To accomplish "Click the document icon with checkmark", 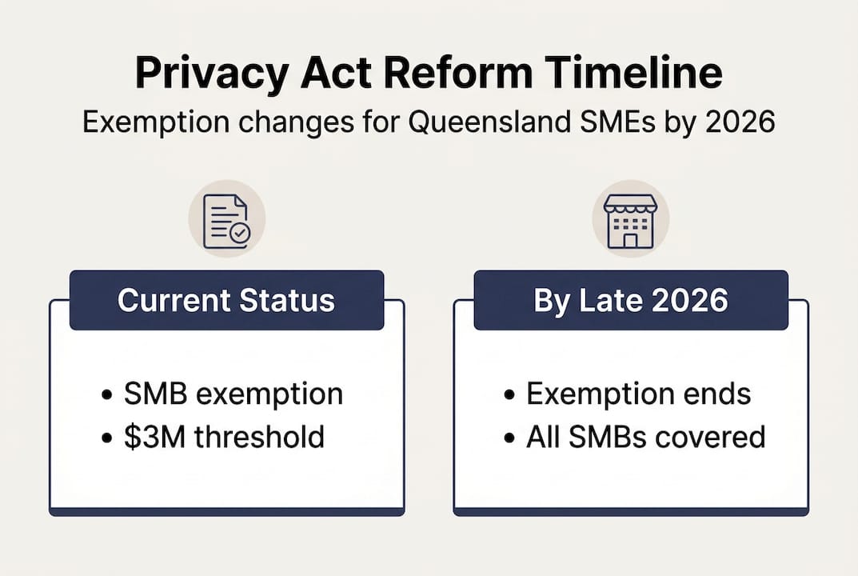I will (x=226, y=219).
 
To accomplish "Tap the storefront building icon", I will (x=630, y=219).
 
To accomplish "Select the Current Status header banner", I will (x=226, y=300).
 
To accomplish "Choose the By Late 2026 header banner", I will (x=630, y=300).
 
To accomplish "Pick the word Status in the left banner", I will (x=290, y=300).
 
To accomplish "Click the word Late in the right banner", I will (x=605, y=300).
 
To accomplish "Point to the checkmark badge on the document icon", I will (x=239, y=234).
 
